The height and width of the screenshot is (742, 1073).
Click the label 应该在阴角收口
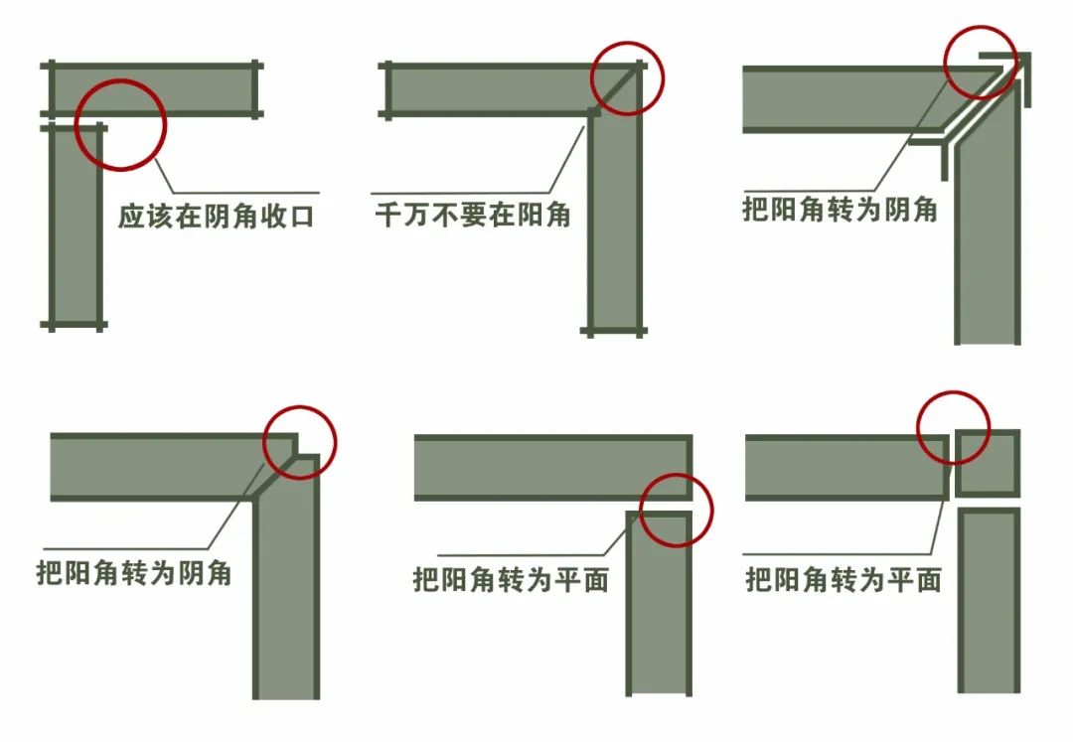(216, 217)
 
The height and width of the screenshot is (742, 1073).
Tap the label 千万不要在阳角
(472, 215)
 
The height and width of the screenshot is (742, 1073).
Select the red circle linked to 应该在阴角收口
(120, 124)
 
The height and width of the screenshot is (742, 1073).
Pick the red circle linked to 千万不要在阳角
(627, 78)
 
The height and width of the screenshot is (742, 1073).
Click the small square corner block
(988, 463)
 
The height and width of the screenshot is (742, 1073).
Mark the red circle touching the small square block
(953, 427)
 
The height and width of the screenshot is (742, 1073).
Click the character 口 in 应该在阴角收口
(301, 217)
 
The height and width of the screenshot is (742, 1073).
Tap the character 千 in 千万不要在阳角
(387, 215)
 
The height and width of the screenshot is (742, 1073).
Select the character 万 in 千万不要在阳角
(416, 215)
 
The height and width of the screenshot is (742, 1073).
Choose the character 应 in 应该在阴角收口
(131, 217)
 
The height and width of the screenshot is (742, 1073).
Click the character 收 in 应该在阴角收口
(272, 217)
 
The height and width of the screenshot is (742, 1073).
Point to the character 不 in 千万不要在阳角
(445, 215)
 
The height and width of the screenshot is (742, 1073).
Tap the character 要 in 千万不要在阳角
(473, 215)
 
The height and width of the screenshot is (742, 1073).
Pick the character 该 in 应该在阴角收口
(159, 217)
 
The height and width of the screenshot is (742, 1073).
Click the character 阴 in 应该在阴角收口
(217, 217)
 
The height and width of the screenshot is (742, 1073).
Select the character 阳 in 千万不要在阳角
(529, 215)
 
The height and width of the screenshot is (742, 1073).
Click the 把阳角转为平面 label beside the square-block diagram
(843, 580)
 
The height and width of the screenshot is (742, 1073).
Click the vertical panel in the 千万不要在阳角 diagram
(615, 219)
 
